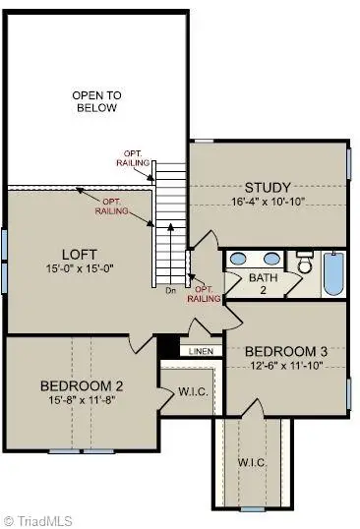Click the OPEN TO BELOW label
click(x=95, y=101)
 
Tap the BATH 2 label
click(x=264, y=284)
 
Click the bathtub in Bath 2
click(x=332, y=272)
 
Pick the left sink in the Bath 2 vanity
click(x=239, y=261)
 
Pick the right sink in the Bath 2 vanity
click(x=270, y=261)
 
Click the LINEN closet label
click(x=202, y=350)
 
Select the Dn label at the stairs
click(x=171, y=291)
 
